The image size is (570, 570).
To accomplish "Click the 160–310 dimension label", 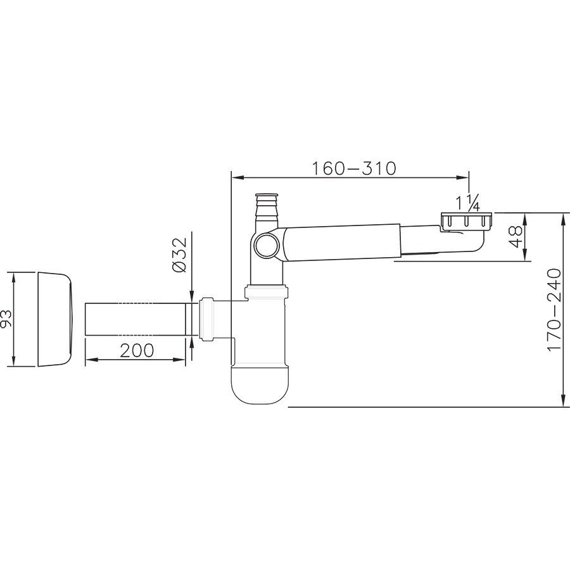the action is [x=353, y=168].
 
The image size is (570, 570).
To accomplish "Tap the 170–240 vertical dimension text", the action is [x=555, y=310].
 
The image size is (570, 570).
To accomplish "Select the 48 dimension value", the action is [x=516, y=237].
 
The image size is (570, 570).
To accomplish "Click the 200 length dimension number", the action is [x=137, y=350].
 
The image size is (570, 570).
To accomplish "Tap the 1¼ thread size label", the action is [x=469, y=205].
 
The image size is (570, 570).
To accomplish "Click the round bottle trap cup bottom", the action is [x=261, y=384].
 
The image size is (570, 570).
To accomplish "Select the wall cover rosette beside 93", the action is [x=55, y=319].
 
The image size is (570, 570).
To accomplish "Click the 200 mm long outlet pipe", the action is [x=136, y=319].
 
